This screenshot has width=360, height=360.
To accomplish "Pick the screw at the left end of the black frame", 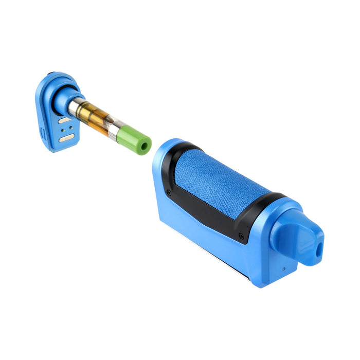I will tap(169, 193).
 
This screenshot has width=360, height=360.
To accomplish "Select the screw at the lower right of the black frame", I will tap(241, 236).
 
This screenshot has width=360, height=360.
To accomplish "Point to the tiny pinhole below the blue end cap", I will tap(283, 268).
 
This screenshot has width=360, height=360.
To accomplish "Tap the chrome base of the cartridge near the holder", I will tap(76, 106).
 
